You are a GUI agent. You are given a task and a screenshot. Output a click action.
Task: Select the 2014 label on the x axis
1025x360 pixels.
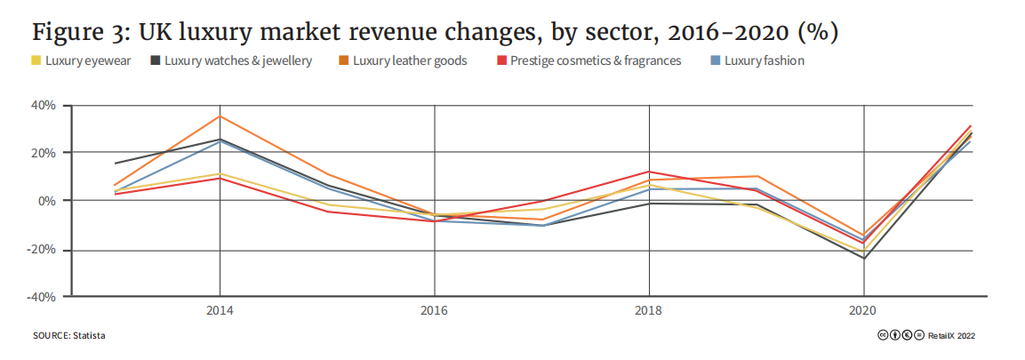[220, 311]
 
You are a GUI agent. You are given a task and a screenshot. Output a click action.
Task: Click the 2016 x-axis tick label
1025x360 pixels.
[435, 311]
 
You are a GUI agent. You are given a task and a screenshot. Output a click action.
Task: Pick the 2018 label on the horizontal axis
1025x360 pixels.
[650, 311]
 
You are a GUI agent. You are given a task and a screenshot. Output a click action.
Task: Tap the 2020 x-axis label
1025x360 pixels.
[864, 311]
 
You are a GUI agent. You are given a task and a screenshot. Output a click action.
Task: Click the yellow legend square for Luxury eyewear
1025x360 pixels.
[36, 61]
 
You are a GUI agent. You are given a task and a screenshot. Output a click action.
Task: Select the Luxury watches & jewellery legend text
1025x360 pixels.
[238, 61]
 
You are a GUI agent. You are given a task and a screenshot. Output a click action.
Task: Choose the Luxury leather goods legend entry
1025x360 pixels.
[410, 61]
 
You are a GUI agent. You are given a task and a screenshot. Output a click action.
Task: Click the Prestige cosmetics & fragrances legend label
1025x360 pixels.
[596, 61]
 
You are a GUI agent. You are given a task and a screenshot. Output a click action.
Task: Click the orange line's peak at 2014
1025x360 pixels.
[220, 116]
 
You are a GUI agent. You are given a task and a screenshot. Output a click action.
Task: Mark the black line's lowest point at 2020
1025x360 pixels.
[864, 259]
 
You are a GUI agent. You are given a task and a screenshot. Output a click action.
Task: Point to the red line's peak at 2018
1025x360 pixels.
[650, 172]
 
